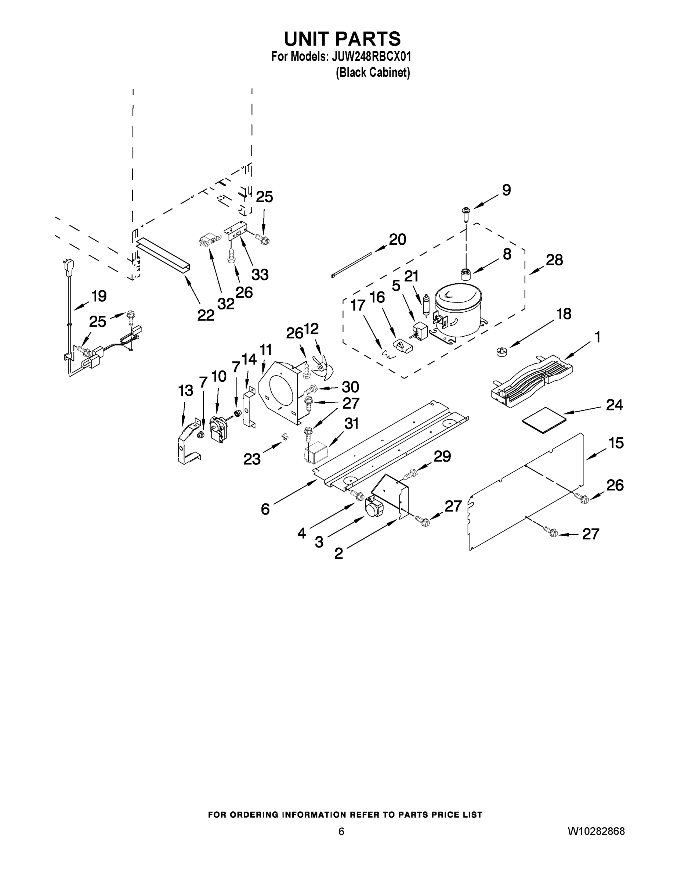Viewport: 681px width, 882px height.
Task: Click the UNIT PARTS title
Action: click(342, 39)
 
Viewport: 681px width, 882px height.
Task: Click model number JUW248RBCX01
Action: click(371, 57)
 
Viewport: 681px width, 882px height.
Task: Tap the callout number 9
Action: click(506, 190)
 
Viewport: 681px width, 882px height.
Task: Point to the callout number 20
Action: click(397, 240)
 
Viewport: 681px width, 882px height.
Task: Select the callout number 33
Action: click(260, 275)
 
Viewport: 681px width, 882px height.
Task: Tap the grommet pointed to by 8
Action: click(466, 274)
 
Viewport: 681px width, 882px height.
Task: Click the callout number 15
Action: click(616, 443)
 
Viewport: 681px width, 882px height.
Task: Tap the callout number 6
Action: click(265, 509)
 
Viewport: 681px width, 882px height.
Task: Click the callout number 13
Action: click(186, 391)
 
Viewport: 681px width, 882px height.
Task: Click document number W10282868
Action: click(596, 831)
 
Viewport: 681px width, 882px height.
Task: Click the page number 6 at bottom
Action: click(341, 831)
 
